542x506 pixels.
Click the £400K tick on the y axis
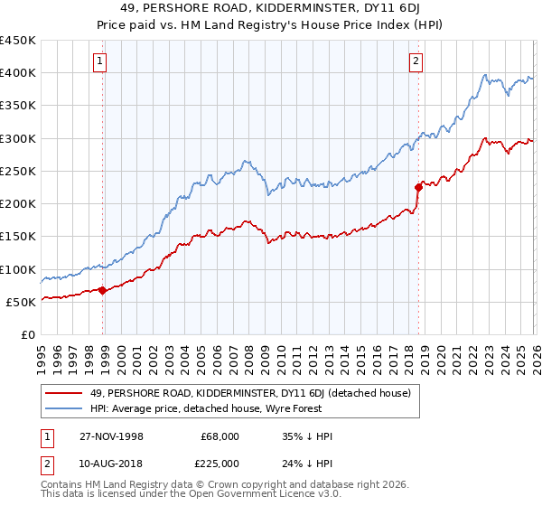(18, 73)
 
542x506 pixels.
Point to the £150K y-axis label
(18, 237)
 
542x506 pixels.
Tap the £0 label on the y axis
(27, 334)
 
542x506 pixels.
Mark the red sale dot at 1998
(103, 290)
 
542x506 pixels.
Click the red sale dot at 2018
(418, 188)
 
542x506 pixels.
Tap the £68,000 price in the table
(220, 436)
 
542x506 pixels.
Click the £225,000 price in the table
(220, 462)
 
